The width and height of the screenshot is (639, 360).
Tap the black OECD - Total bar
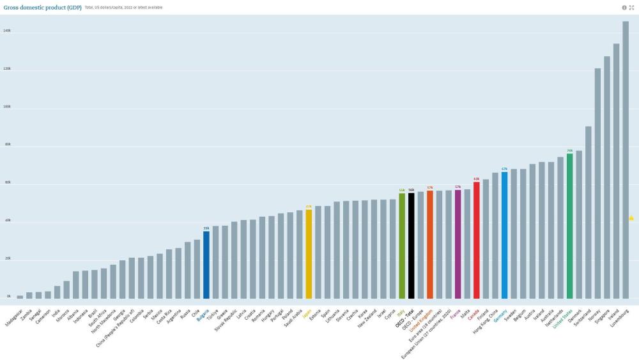coord(411,246)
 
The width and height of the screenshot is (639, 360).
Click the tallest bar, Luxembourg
coord(626,160)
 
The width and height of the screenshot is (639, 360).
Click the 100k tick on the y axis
coord(7,107)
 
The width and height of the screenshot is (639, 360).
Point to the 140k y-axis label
coord(7,31)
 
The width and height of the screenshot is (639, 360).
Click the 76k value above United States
coord(569,151)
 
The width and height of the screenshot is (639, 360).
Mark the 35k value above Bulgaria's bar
coord(206,228)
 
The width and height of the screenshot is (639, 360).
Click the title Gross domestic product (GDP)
coord(42,7)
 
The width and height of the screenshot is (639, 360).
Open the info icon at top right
coord(624,8)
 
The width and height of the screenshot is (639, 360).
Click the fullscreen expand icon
coord(632,8)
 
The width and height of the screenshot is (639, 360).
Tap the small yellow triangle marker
coord(631,218)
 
